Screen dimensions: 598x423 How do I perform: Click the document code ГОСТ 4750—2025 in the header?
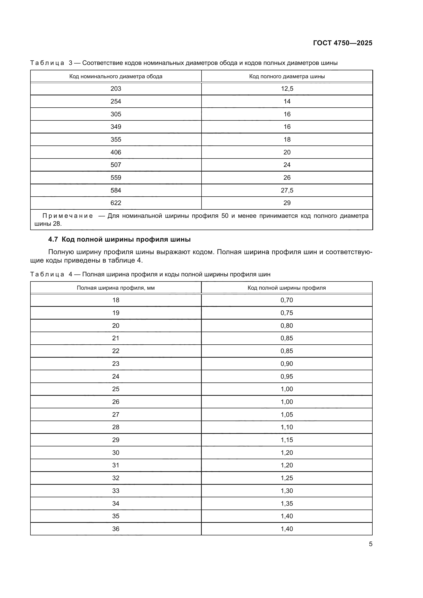(x=342, y=43)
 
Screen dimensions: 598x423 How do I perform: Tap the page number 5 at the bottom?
(x=370, y=544)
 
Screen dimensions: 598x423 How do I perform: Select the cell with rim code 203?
(x=116, y=89)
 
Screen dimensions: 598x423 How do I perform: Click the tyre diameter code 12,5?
(x=287, y=89)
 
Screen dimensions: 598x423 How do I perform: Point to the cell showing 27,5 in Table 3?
(x=287, y=190)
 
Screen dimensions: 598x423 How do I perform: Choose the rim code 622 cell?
(x=116, y=203)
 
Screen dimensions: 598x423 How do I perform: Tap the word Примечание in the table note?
(x=68, y=216)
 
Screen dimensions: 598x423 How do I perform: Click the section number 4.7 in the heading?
(x=53, y=240)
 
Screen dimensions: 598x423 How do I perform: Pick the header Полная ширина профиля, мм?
(x=116, y=288)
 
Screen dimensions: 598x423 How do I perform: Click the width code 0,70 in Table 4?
(x=286, y=300)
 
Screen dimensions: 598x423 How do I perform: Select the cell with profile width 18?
(x=116, y=300)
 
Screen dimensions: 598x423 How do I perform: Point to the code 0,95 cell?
(x=286, y=377)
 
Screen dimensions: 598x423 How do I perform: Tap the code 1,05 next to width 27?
(x=286, y=415)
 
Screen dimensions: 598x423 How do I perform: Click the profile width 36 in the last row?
(x=116, y=529)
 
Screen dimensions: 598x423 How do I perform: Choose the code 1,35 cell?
(x=286, y=503)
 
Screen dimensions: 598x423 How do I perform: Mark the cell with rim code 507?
(x=116, y=165)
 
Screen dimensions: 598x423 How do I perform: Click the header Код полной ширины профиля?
(x=286, y=288)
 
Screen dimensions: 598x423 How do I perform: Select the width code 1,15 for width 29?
(x=286, y=440)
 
